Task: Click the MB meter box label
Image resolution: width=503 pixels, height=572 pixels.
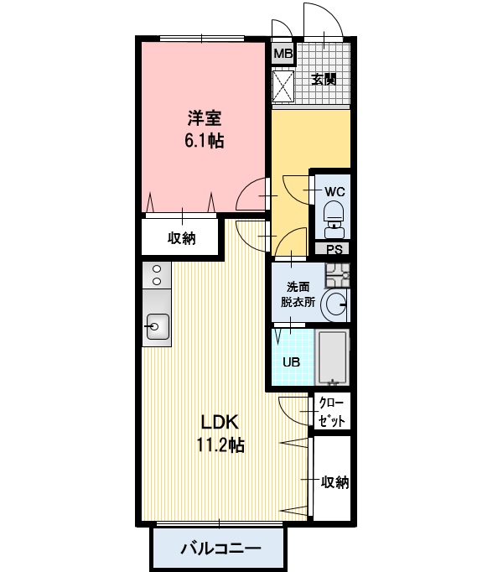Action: (x=283, y=54)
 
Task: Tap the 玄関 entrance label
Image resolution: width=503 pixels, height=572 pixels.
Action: (x=324, y=79)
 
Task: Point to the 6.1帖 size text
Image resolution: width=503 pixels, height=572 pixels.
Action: (x=205, y=140)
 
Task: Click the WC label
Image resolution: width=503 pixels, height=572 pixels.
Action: (x=334, y=191)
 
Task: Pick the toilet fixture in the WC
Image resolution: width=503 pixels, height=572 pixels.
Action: (x=335, y=218)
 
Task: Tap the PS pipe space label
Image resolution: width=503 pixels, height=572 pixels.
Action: (x=334, y=250)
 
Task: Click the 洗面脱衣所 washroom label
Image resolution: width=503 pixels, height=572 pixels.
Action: (x=298, y=294)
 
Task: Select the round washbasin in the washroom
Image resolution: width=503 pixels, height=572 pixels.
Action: (x=334, y=304)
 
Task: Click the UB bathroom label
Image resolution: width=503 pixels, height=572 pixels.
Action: (x=292, y=361)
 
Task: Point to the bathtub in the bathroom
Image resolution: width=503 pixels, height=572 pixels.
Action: (x=332, y=357)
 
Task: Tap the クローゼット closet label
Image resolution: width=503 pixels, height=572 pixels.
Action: (x=331, y=412)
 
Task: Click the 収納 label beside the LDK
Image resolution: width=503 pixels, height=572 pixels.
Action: (x=334, y=482)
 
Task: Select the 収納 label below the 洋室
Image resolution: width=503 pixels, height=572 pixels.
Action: (x=182, y=238)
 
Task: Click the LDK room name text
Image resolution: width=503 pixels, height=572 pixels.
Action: (x=220, y=422)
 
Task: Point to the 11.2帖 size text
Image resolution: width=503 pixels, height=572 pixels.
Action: (x=220, y=445)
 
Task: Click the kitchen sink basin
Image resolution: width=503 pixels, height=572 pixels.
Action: (x=157, y=326)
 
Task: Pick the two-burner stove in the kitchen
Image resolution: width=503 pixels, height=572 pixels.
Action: (x=157, y=275)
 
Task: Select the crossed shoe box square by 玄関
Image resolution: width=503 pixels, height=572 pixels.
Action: (x=283, y=86)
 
